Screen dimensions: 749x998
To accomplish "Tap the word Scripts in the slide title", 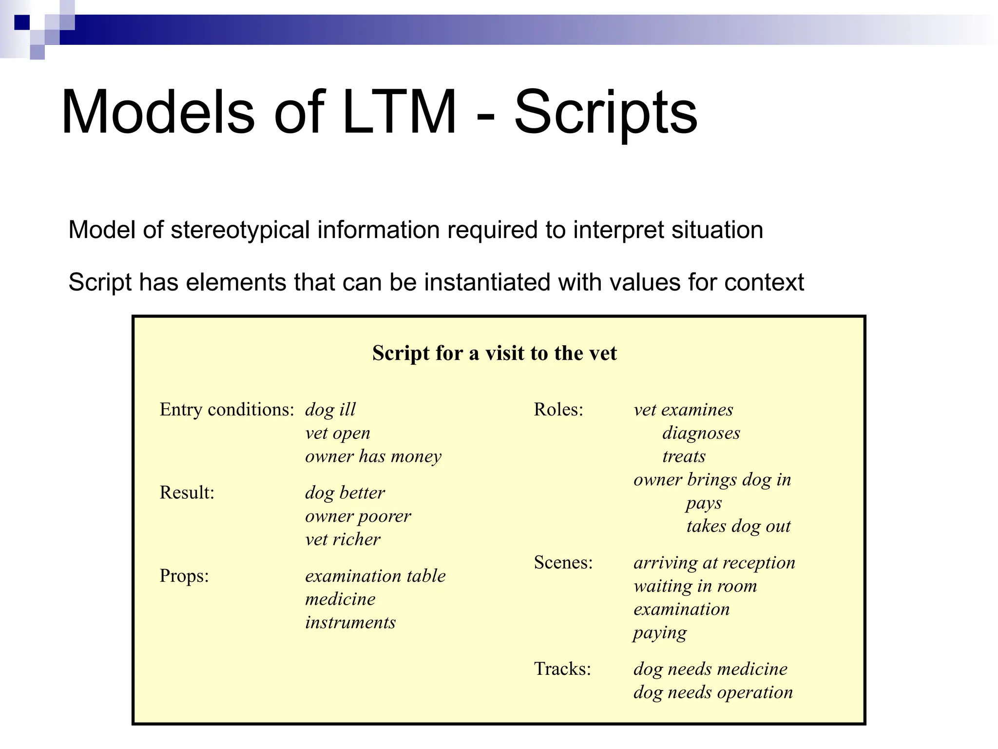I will click(606, 113).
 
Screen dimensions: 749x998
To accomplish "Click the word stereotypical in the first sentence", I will click(240, 230).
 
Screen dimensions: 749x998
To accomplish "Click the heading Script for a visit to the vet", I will click(494, 353).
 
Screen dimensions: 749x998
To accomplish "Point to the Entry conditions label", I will click(227, 410).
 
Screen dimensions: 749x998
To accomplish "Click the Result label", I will click(187, 493).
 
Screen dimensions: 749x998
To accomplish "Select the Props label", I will click(184, 576).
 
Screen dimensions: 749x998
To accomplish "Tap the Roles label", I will click(558, 410).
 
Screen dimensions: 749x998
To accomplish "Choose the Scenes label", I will click(563, 563).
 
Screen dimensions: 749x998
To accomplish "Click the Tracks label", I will click(562, 669).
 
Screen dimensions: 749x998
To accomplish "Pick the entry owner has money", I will click(373, 456).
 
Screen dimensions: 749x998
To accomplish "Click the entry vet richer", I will click(342, 539).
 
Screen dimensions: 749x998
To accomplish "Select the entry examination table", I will click(375, 576).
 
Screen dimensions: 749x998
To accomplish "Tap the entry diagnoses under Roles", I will click(701, 433).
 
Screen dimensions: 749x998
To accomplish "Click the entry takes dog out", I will click(738, 526).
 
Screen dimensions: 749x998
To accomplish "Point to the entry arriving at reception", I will click(714, 563).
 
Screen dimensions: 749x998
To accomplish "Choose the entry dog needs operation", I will click(712, 692).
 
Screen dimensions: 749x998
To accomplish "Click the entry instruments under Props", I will click(350, 623).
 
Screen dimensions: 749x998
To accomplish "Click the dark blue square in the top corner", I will click(22, 22).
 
